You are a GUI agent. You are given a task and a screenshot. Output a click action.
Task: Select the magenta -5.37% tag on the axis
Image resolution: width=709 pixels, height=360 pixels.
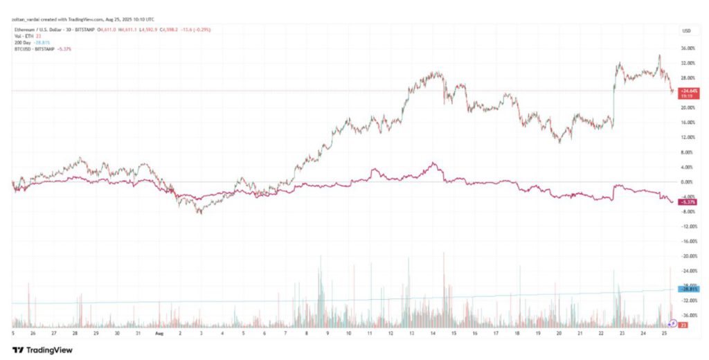(687, 201)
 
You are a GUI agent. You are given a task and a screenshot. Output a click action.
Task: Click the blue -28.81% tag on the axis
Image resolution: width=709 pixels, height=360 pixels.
(687, 289)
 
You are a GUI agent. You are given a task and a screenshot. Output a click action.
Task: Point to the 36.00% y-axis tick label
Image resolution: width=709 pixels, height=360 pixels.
(687, 48)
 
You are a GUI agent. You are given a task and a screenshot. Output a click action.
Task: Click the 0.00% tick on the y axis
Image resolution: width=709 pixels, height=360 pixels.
(687, 182)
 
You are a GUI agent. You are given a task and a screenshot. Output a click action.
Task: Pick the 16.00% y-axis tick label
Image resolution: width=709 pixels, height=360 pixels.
(687, 123)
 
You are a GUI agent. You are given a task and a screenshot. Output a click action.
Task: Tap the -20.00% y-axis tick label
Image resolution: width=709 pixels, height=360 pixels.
(687, 256)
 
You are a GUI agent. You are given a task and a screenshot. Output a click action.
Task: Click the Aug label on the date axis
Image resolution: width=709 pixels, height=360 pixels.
(159, 333)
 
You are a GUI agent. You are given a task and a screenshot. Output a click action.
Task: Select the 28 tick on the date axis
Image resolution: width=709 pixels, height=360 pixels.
(75, 333)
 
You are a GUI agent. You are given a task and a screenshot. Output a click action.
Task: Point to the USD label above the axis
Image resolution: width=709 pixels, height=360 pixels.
(687, 31)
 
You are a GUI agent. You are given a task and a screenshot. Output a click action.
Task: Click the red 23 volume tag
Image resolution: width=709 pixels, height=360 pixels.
(683, 325)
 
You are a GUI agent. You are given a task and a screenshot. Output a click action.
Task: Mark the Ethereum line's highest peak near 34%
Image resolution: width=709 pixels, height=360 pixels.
(659, 55)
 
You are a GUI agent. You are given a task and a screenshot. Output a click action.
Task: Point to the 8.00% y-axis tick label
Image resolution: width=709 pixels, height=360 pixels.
(687, 152)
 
